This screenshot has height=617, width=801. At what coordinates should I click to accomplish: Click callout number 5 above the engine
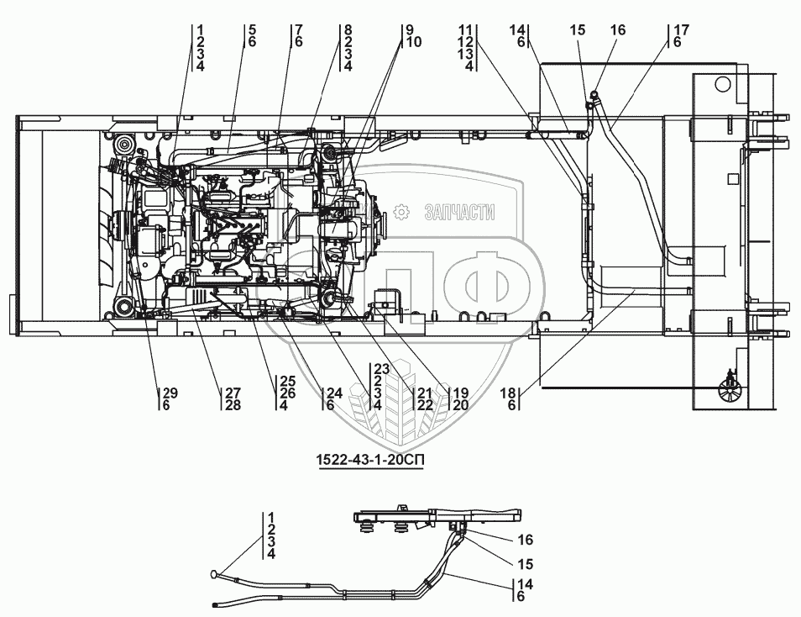pos(253,29)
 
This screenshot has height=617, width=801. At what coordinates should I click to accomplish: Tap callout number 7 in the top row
pos(299,29)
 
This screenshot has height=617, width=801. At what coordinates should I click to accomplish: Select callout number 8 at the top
pos(348,29)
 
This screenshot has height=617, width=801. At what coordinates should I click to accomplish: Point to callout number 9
pos(409,29)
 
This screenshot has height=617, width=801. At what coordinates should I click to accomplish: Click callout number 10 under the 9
pos(413,42)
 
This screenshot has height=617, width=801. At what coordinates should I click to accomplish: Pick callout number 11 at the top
pos(465,29)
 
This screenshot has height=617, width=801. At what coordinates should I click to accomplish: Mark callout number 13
pos(465,55)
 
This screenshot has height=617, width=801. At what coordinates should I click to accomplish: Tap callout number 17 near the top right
pos(682,29)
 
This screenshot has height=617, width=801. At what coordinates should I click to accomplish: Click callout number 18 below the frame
pos(508,393)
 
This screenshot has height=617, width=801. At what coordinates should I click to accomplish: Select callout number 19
pos(461,393)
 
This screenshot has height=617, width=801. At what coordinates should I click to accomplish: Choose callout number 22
pos(425,405)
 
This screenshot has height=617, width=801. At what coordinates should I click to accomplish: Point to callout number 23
pos(381,368)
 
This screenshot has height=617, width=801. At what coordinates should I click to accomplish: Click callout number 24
pos(334,393)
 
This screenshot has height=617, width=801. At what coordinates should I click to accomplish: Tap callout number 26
pos(288,393)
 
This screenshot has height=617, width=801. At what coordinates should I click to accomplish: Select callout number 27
pos(233,393)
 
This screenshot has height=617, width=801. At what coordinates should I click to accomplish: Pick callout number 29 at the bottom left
pos(170,393)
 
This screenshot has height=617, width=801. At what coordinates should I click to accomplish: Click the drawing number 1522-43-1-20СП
pos(370,461)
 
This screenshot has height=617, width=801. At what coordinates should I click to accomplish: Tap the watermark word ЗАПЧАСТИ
pos(460,211)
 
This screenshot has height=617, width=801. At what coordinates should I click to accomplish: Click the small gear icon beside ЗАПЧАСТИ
pos(402,212)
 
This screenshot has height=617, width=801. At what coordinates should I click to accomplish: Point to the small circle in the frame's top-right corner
pos(722,83)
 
